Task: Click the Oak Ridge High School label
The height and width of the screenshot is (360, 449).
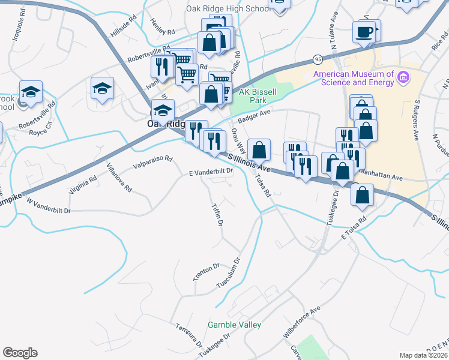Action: point(228,9)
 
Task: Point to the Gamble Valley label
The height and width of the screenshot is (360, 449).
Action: point(234,325)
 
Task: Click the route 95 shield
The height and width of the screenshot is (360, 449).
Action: point(317,59)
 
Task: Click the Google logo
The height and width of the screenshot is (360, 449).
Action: point(20,353)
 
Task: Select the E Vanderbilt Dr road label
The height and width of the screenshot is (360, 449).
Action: point(211,172)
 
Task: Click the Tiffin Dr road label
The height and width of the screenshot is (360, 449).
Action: point(217,214)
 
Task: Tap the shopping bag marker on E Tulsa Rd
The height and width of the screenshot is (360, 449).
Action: point(363,194)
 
